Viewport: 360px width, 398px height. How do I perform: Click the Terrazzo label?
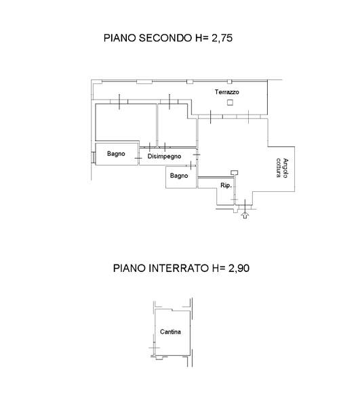tap(226, 92)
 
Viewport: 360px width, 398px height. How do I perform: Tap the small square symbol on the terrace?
tap(230, 102)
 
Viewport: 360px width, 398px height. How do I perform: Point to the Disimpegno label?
tap(164, 157)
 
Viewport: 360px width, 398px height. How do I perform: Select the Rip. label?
tap(226, 185)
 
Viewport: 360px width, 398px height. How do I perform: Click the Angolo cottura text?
tap(282, 168)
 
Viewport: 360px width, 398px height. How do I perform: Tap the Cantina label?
tap(170, 332)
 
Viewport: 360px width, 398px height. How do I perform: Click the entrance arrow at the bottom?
tap(245, 215)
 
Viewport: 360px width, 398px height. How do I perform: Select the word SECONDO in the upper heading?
tap(166, 38)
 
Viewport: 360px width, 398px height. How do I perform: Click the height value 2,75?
tap(222, 38)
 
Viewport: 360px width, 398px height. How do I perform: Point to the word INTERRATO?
tap(178, 268)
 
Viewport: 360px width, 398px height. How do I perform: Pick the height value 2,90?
tap(239, 268)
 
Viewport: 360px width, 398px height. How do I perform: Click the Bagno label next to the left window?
tap(116, 153)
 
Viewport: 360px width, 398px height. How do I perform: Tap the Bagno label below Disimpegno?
tap(179, 176)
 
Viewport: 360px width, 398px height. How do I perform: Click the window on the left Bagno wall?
tap(94, 157)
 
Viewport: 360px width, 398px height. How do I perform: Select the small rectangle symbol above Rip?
tap(235, 173)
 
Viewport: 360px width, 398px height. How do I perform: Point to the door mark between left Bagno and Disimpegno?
tap(138, 159)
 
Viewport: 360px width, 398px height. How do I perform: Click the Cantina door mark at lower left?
tap(154, 348)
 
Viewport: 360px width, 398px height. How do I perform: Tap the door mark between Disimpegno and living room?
tap(197, 155)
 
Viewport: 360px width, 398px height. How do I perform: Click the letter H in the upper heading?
tap(199, 38)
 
